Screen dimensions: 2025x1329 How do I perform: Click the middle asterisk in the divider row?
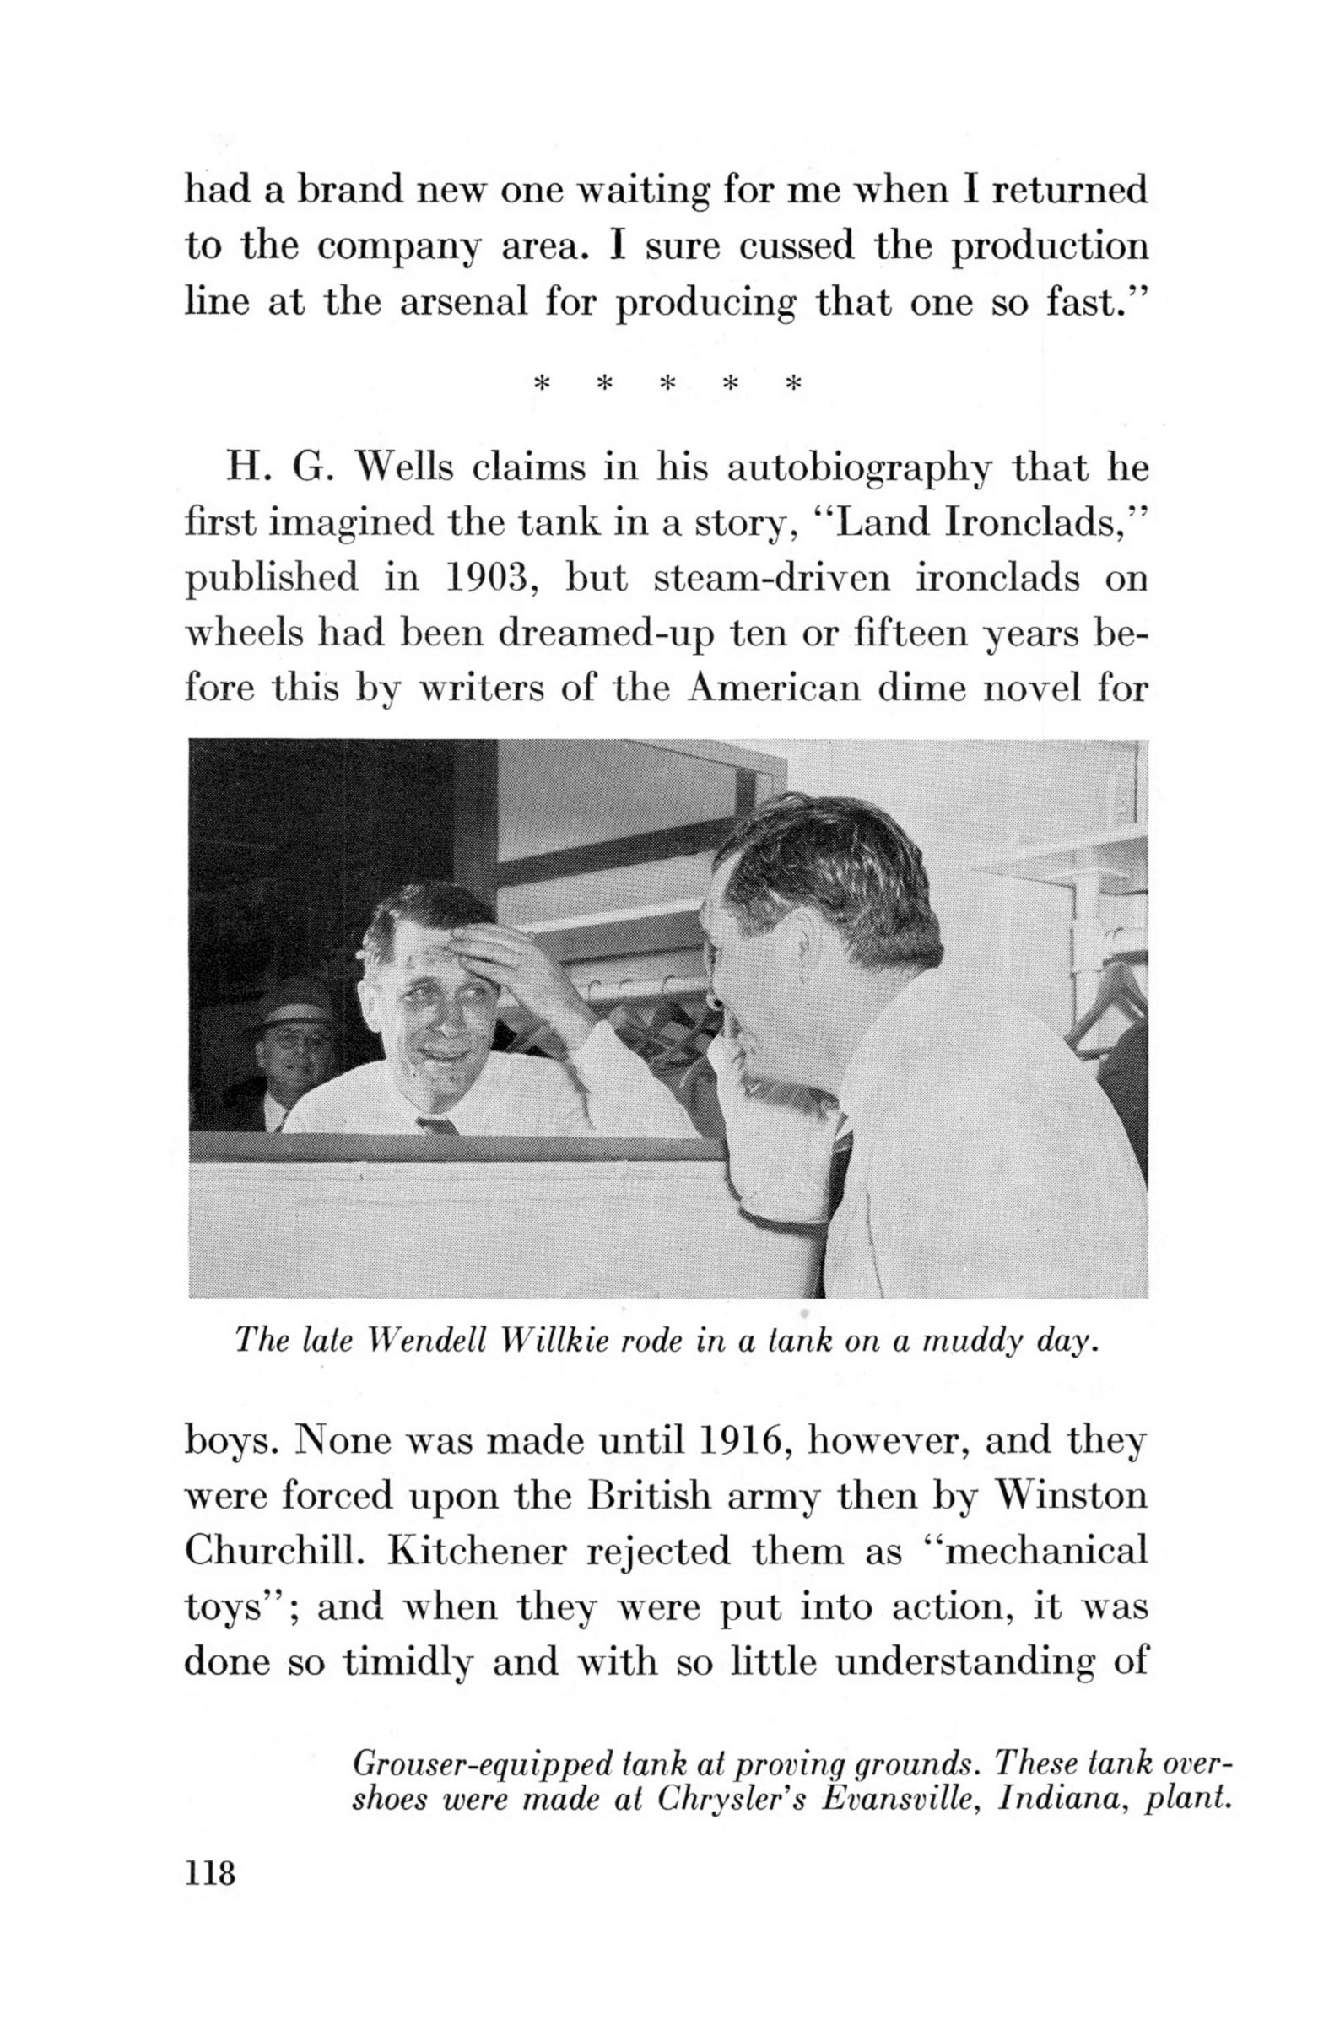tap(668, 385)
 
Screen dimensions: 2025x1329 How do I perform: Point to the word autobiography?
tap(861, 470)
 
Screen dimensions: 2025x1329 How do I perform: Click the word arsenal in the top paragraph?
tap(464, 302)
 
